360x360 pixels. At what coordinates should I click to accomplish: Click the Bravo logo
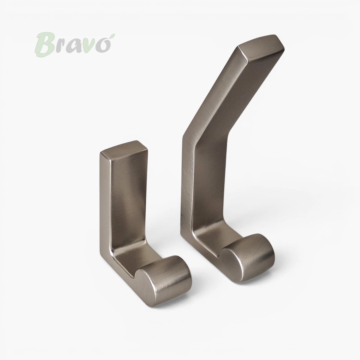pos(75,44)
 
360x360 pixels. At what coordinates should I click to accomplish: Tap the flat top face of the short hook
pos(124,150)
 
